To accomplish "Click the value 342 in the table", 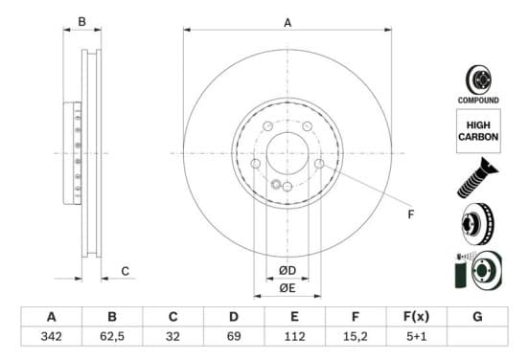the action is coord(52,336).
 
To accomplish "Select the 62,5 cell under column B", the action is coord(112,336).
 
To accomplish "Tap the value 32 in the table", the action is coord(172,336).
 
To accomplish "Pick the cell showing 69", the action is coord(234,336).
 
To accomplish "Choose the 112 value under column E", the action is coord(295,336).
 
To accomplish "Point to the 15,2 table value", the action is coord(356,336).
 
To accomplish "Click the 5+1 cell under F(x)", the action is coord(416,336).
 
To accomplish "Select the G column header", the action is coord(477,317).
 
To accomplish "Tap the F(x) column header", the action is coord(416,317).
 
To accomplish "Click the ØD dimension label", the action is coord(287,270).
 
